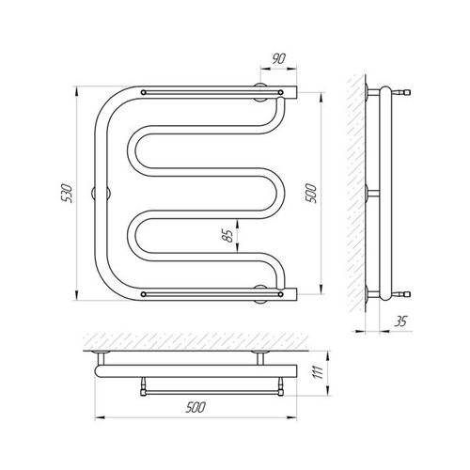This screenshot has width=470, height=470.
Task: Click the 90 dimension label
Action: click(278, 58)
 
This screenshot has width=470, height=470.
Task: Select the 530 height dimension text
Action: click(68, 193)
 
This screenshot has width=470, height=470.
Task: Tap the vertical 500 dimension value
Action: click(311, 193)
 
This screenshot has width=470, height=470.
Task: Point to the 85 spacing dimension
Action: click(227, 236)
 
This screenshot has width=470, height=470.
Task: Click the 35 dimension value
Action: click(400, 321)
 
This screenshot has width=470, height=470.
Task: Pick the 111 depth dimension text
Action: click(319, 372)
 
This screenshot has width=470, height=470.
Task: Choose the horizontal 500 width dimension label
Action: click(196, 407)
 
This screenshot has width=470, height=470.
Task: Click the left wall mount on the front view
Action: click(101, 193)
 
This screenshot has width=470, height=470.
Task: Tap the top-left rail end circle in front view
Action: click(143, 92)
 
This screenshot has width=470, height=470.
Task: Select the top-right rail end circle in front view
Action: click(280, 92)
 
